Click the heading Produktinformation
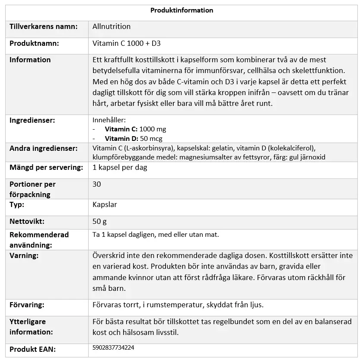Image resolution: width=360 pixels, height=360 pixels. pyautogui.click(x=182, y=10)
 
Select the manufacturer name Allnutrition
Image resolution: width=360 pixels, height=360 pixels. pyautogui.click(x=112, y=26)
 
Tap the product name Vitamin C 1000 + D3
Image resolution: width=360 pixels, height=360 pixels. pyautogui.click(x=127, y=44)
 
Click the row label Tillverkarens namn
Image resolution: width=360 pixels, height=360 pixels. pyautogui.click(x=43, y=26)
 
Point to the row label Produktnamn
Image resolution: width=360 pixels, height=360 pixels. pyautogui.click(x=34, y=44)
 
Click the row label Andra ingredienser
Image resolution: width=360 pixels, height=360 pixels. pyautogui.click(x=43, y=148)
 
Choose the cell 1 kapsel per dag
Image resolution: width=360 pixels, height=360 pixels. pyautogui.click(x=120, y=167)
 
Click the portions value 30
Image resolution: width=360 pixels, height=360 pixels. pyautogui.click(x=97, y=184)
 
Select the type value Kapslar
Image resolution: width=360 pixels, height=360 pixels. pyautogui.click(x=105, y=204)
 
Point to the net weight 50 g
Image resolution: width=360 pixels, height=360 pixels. pyautogui.click(x=99, y=222)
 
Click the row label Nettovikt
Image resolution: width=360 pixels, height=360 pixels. pyautogui.click(x=27, y=222)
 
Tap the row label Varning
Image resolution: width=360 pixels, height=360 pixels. pyautogui.click(x=24, y=255)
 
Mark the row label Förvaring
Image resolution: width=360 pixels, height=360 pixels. pyautogui.click(x=27, y=305)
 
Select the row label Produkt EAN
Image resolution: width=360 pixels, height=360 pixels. pyautogui.click(x=33, y=349)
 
